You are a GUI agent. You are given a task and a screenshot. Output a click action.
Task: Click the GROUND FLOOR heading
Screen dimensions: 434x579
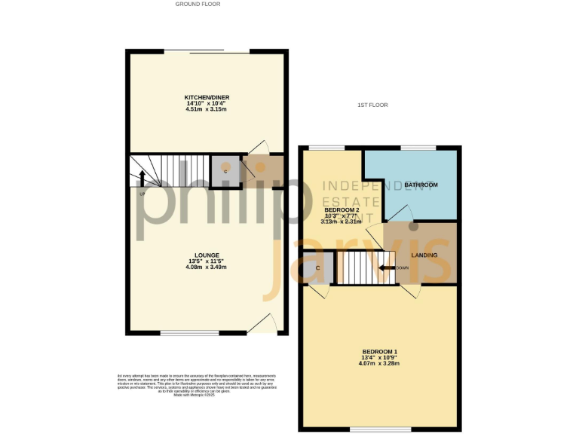point(198,4)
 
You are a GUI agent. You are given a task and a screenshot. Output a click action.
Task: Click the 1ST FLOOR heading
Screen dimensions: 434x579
point(372,105)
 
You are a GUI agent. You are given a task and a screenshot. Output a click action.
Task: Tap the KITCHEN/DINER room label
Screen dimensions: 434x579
point(206,97)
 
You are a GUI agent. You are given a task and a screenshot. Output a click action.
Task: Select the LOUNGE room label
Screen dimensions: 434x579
point(206,255)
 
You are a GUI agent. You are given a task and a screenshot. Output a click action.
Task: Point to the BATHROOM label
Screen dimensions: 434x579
point(421,185)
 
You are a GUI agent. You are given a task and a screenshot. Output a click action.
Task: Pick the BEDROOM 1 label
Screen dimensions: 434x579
point(378,352)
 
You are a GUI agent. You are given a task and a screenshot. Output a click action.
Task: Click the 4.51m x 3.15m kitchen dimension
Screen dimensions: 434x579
point(206,109)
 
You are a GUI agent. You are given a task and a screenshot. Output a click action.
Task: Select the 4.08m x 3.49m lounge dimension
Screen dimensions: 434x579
point(206,267)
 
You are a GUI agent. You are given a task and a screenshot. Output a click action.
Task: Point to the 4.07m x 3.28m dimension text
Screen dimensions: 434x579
point(378,364)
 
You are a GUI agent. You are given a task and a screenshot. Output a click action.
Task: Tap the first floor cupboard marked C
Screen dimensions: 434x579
point(318,268)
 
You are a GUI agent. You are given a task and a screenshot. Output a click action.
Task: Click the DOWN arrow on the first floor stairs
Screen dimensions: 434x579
point(387,267)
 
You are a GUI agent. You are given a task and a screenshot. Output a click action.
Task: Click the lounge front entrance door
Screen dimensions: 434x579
point(259,325)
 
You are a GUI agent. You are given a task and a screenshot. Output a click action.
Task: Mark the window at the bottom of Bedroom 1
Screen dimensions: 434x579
point(369,429)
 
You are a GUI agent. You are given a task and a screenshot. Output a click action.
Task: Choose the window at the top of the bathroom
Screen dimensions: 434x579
point(418,147)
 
